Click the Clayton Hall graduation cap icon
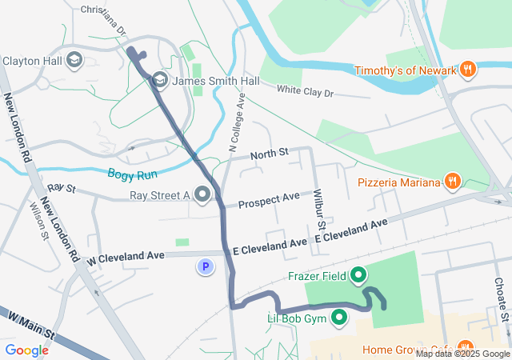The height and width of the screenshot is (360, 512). point(74,60)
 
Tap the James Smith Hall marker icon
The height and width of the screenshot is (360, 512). point(160,79)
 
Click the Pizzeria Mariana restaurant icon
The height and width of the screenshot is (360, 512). point(453,182)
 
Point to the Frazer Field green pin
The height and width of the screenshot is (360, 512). point(358,277)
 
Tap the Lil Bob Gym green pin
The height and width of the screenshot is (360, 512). point(340,318)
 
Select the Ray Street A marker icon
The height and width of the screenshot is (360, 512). point(202,194)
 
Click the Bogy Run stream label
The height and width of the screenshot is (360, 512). point(133,173)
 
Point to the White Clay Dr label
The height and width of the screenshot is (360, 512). point(305,93)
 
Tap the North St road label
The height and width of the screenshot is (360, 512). point(268,153)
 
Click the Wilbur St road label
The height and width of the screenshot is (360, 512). point(318,211)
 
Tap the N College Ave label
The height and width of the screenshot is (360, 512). point(237,120)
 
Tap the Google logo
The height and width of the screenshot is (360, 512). point(27,350)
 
